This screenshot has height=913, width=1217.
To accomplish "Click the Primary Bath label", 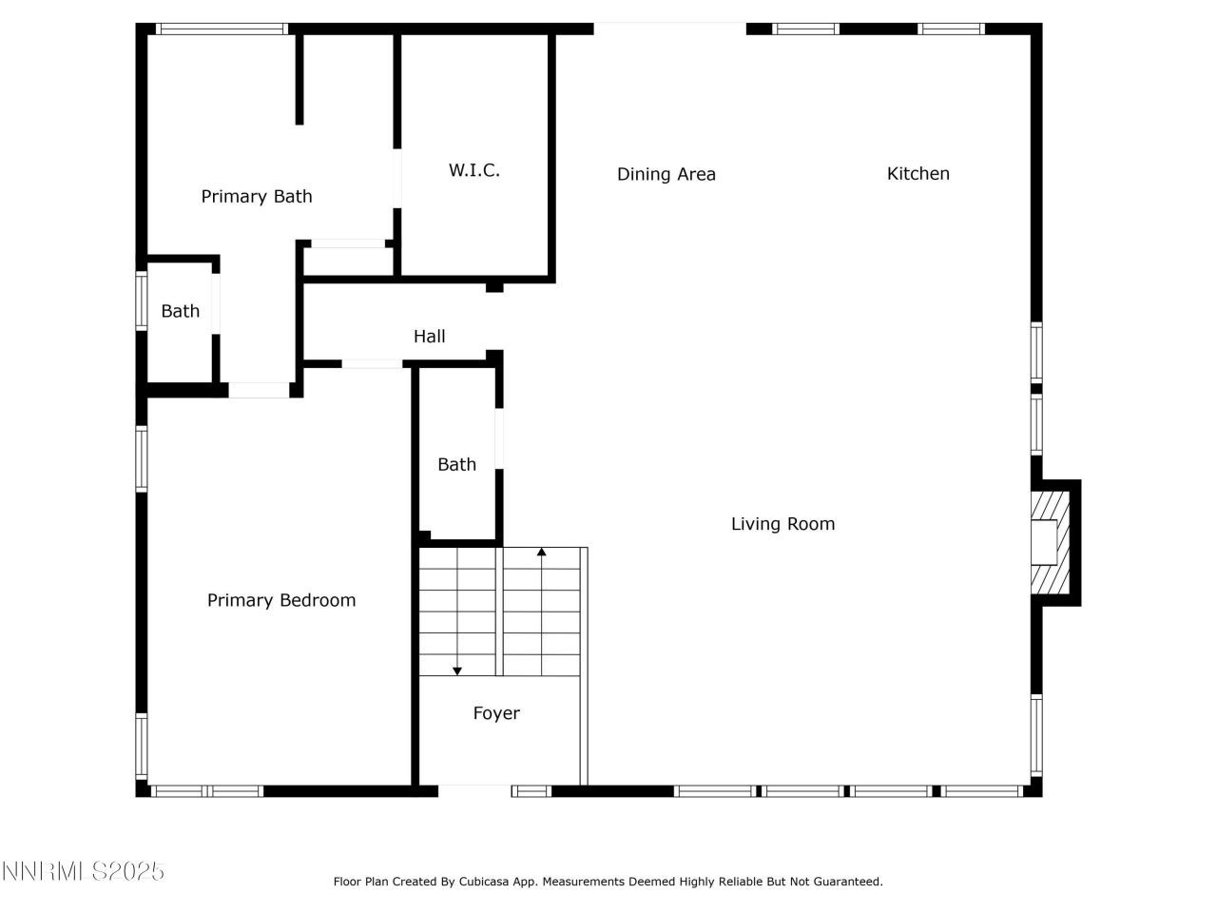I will tap(257, 197).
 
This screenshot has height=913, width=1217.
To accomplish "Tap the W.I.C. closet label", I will tap(474, 171).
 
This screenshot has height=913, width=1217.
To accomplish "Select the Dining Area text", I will tap(666, 174).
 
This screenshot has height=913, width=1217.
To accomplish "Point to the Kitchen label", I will tap(918, 173).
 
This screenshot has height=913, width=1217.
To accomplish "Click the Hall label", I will tap(429, 337).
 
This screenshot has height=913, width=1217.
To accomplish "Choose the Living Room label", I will tap(782, 524).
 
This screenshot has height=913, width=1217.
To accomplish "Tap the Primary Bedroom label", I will tap(281, 600).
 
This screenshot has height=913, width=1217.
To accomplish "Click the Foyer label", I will tap(496, 713).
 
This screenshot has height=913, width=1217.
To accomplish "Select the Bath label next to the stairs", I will tap(456, 465).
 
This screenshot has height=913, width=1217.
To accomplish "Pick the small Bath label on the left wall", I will tap(180, 311).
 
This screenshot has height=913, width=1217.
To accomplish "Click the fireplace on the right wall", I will tap(1053, 542).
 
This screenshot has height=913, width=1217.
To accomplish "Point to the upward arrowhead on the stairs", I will tap(542, 552).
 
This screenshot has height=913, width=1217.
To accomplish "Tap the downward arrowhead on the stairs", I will tap(457, 670).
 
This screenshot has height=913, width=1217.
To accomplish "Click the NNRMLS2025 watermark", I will tap(84, 871).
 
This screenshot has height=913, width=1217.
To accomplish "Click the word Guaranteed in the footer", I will tap(848, 882).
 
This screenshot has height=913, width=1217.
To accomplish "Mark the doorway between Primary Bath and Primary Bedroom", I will tap(259, 390).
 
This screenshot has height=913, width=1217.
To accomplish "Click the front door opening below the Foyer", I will tap(474, 790).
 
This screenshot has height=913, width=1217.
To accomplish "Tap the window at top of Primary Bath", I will tap(222, 29).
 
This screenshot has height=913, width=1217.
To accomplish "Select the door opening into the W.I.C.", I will tap(397, 178).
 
